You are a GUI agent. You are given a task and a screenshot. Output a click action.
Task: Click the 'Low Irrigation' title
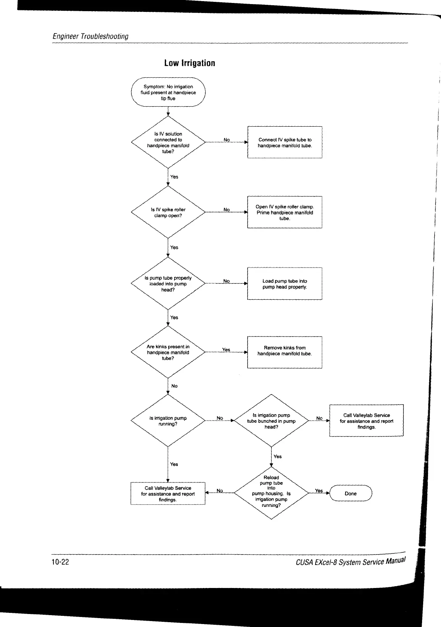click(x=189, y=63)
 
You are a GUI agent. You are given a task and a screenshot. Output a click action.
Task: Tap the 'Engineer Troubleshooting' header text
click(x=91, y=36)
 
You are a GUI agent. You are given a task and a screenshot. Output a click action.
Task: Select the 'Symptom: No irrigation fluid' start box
click(x=168, y=92)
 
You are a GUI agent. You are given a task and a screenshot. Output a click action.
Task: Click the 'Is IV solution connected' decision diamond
click(x=168, y=142)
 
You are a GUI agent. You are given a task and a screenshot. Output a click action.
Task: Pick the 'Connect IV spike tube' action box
click(x=285, y=143)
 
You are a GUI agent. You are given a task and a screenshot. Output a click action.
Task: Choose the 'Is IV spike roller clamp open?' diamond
click(x=168, y=212)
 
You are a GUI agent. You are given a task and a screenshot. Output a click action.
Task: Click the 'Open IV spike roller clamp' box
click(x=285, y=212)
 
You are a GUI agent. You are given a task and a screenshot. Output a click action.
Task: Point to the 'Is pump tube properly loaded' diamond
click(x=168, y=284)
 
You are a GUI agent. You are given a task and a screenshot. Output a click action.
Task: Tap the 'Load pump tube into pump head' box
click(x=285, y=284)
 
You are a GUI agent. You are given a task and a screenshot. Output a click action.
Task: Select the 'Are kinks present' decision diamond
click(x=168, y=353)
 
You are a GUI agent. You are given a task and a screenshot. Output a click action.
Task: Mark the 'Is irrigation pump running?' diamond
click(x=168, y=421)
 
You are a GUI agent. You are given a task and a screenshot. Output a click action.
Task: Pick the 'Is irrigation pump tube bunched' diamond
click(x=271, y=421)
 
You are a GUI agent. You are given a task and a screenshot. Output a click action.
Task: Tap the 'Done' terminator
click(x=350, y=494)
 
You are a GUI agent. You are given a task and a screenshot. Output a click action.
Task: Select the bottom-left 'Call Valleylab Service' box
click(x=168, y=494)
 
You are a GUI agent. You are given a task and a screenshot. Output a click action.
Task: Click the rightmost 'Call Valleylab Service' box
click(x=366, y=421)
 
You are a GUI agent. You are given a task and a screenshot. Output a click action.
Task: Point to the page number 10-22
click(x=60, y=562)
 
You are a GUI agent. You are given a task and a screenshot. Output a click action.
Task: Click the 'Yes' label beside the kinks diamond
click(x=226, y=350)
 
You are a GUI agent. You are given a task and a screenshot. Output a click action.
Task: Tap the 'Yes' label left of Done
click(x=319, y=491)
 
